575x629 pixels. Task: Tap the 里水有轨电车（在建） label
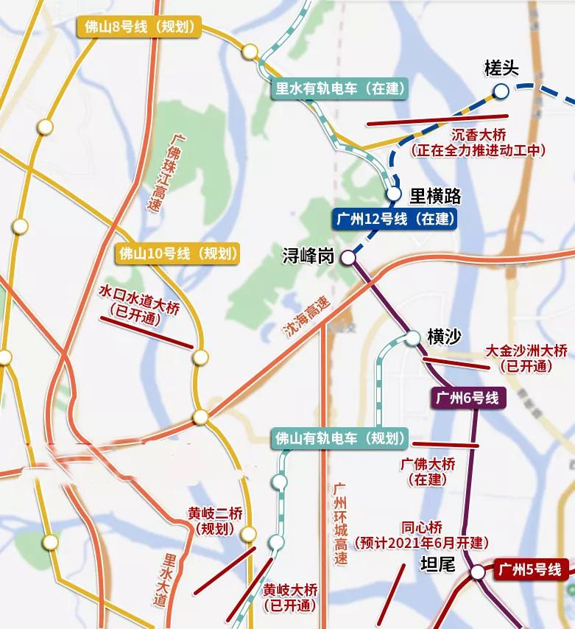(x=339, y=89)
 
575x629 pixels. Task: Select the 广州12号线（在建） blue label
(x=395, y=219)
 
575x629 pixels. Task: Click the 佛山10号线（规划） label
(x=179, y=254)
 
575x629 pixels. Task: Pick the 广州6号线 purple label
(x=468, y=398)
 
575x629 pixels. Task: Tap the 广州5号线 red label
(x=530, y=569)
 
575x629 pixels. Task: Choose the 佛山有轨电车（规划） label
(x=339, y=438)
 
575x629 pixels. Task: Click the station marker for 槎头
(x=501, y=91)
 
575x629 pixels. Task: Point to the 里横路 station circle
(x=394, y=194)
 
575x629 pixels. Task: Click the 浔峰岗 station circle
(x=348, y=258)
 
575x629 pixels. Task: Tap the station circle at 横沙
(x=413, y=337)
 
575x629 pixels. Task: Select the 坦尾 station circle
(x=478, y=572)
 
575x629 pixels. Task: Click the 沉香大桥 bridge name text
(x=479, y=136)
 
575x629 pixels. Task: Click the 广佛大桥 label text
(x=428, y=465)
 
